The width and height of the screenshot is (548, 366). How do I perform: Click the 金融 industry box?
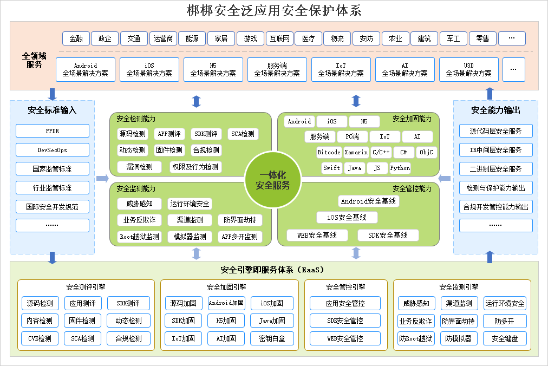click(x=76, y=38)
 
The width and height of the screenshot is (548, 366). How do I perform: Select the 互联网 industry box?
click(x=279, y=38)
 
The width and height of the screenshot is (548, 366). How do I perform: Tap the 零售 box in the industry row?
click(x=482, y=38)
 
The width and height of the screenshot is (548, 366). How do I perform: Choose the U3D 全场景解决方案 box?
click(x=468, y=69)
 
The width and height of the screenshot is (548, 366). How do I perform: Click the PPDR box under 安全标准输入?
click(x=53, y=131)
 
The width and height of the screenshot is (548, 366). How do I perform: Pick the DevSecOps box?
click(x=53, y=150)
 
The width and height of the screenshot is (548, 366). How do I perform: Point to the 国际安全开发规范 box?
click(x=53, y=207)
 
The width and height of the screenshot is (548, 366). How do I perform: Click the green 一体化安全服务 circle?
click(x=273, y=180)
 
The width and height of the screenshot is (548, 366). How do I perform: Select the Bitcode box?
click(x=329, y=152)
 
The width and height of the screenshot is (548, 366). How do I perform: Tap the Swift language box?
click(x=331, y=168)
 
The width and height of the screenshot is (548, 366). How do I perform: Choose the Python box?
click(x=400, y=168)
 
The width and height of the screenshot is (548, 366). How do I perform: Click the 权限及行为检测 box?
click(x=195, y=167)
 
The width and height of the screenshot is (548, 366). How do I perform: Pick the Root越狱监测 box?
click(x=140, y=237)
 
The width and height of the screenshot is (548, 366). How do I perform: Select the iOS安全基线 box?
click(x=347, y=218)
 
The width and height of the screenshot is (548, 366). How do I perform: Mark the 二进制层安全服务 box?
click(x=496, y=169)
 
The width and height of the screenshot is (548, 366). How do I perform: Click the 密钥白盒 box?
click(x=272, y=338)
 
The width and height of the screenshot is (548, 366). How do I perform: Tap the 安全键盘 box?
click(x=505, y=338)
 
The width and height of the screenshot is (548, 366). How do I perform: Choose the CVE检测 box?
click(x=40, y=338)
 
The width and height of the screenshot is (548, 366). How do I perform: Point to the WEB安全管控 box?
click(x=345, y=338)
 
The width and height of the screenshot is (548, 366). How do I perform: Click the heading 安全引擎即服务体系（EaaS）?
click(x=272, y=270)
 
